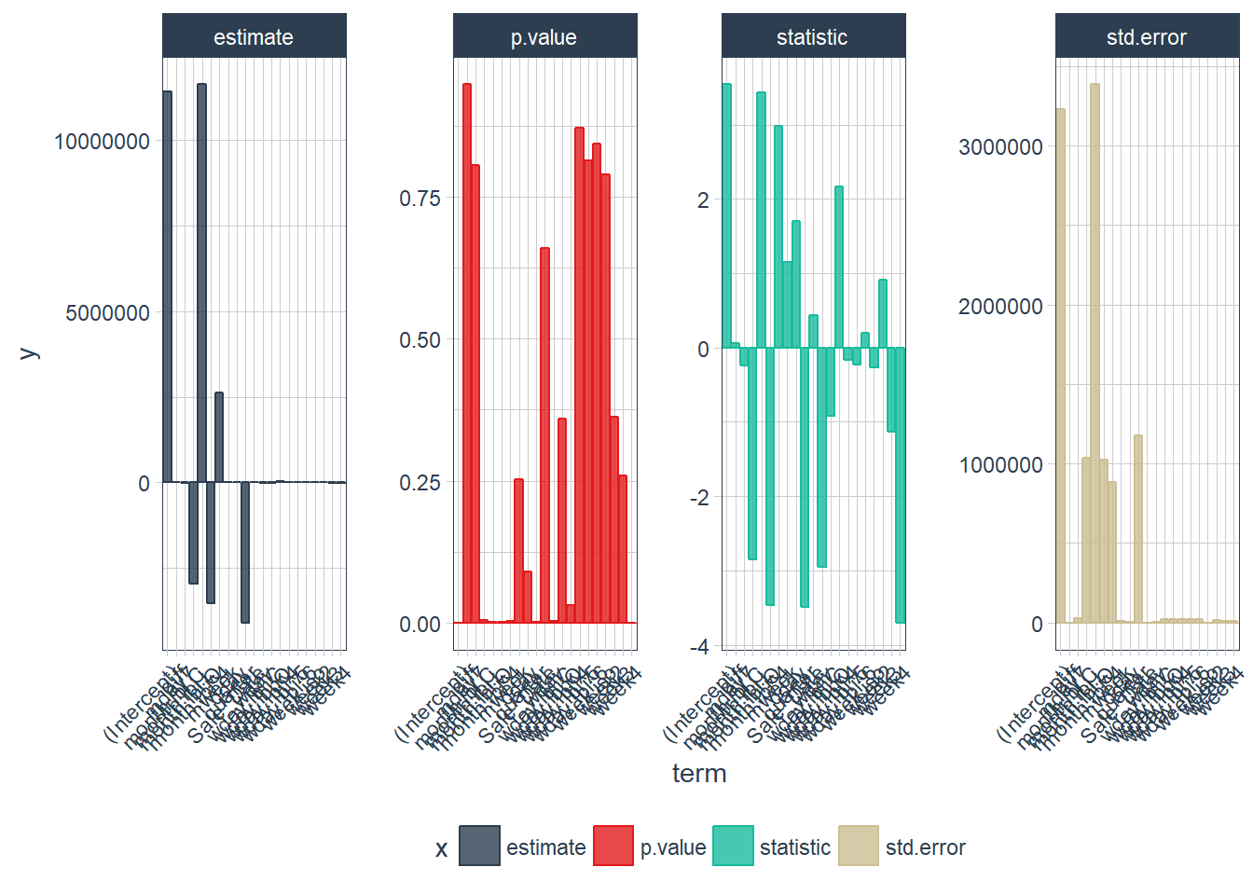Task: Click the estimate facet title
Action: pos(254,37)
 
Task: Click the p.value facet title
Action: pos(544,37)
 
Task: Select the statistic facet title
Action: pos(812,37)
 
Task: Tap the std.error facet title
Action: pos(1146,37)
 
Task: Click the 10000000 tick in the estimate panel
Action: pos(102,142)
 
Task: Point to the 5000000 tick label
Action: pos(107,313)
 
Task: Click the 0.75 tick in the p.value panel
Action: pos(420,199)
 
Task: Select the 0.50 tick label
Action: pos(420,340)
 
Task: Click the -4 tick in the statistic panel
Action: pos(699,647)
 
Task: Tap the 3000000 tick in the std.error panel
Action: pos(1000,147)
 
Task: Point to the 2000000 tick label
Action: pos(1000,307)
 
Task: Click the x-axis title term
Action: pos(699,774)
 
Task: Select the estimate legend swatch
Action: pos(479,846)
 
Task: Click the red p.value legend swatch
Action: pos(613,846)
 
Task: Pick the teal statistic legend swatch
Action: pos(733,846)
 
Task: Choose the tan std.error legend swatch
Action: pos(859,846)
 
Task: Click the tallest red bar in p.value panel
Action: pos(466,354)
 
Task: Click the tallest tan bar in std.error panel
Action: pos(1095,354)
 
